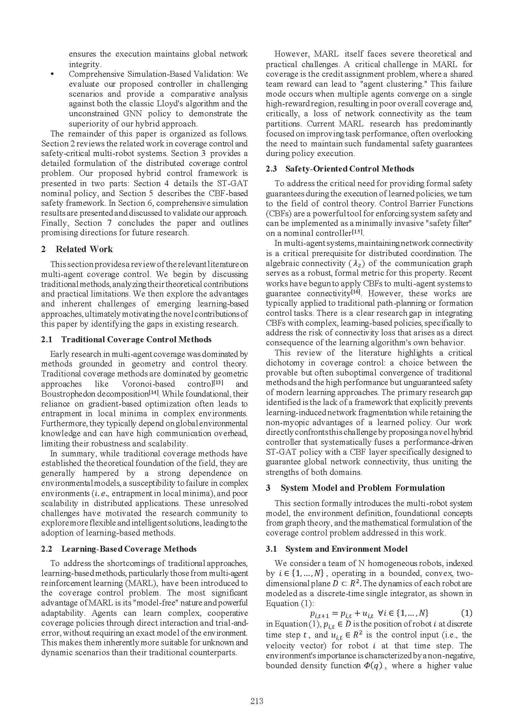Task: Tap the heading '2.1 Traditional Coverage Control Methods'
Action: (x=126, y=339)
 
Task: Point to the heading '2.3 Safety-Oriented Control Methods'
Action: (x=340, y=169)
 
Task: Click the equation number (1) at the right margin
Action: (x=466, y=613)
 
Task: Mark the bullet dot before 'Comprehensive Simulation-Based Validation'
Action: (x=53, y=74)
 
